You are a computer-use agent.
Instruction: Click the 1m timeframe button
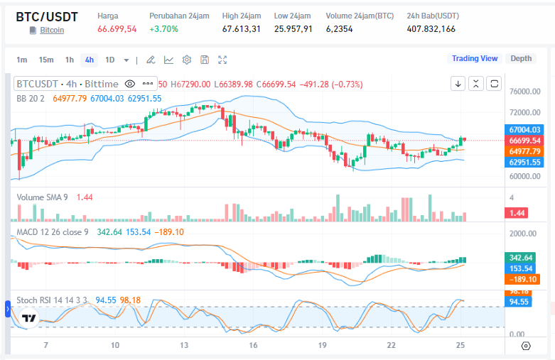coord(22,60)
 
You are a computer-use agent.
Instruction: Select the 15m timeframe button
coord(46,60)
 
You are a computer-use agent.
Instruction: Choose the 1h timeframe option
coord(69,60)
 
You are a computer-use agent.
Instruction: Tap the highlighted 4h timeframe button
coord(89,60)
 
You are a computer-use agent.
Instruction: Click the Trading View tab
coord(475,58)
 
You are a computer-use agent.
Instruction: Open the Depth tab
coord(521,58)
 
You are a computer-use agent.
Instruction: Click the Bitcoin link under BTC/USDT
coord(51,30)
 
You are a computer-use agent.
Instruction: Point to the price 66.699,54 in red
coord(117,29)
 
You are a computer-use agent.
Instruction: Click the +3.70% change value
coord(164,29)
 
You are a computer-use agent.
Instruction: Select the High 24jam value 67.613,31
coord(242,29)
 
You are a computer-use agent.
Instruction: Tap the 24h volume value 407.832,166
coord(431,29)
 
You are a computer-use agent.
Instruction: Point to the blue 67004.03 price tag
coord(525,130)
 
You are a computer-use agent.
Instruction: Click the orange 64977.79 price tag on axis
coord(525,151)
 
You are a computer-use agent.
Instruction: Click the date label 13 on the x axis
coord(184,345)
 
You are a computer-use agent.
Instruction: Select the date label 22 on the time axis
coord(391,345)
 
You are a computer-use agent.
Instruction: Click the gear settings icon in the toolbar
coord(187,60)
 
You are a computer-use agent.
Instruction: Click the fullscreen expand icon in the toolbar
coord(222,60)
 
